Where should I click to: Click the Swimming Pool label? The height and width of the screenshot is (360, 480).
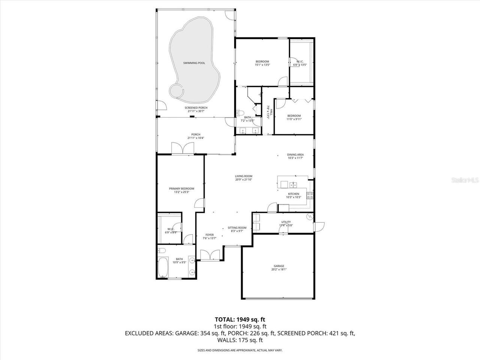click(194, 63)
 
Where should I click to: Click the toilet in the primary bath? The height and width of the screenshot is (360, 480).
click(162, 251)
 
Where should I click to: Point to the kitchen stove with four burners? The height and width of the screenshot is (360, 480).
click(310, 195)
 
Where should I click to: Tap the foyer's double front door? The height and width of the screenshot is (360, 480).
click(209, 255)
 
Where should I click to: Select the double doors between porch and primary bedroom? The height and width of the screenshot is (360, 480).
click(183, 148)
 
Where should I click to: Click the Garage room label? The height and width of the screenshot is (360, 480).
click(279, 266)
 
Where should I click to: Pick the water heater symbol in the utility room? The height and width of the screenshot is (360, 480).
click(309, 217)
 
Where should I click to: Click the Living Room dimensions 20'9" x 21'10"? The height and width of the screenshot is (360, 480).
click(243, 180)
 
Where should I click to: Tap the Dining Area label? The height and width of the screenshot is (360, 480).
click(295, 154)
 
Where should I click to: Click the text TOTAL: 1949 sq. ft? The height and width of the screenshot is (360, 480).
click(240, 319)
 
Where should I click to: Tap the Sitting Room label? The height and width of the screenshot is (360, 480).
click(237, 228)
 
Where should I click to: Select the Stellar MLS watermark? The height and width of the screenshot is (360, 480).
click(467, 180)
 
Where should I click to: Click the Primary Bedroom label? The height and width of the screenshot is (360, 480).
click(181, 188)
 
